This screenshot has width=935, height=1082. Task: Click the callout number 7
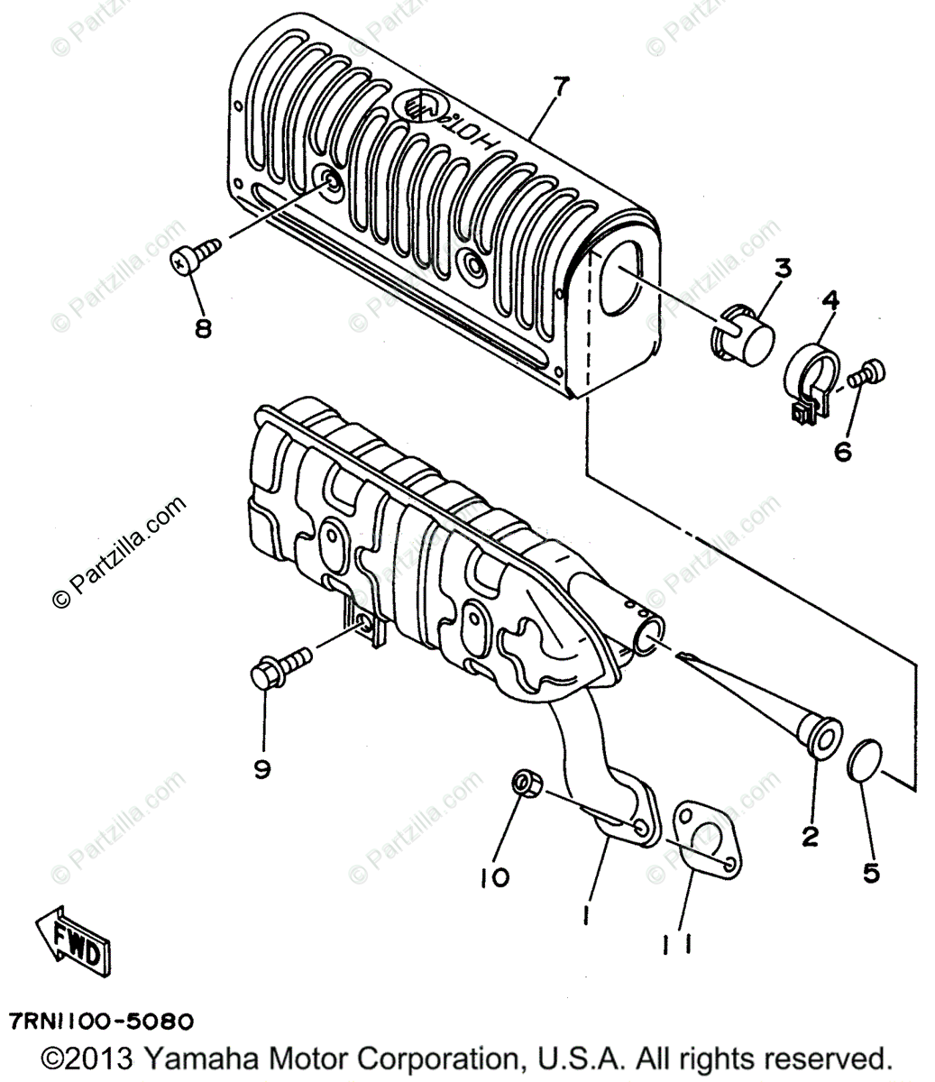(x=561, y=87)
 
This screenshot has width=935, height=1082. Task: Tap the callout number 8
(x=203, y=328)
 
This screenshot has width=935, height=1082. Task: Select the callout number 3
(x=782, y=268)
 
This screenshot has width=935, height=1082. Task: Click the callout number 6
(x=843, y=451)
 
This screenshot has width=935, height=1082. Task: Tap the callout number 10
(x=495, y=876)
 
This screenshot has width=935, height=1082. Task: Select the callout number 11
(x=676, y=943)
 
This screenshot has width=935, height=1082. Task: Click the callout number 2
(x=810, y=836)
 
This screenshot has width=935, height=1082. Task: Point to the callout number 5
(x=871, y=872)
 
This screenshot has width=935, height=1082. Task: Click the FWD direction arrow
(x=73, y=938)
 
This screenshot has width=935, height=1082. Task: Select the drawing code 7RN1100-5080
(x=101, y=1022)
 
